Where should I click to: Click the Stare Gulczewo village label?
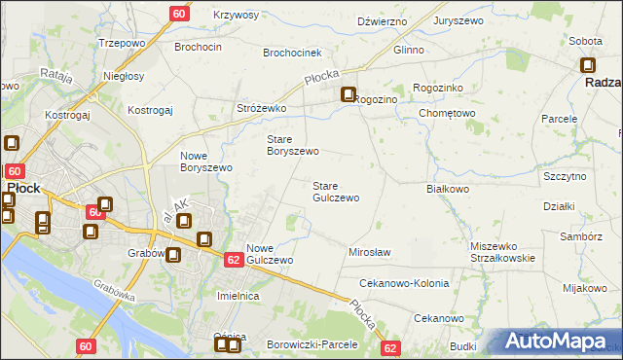coord(335,192)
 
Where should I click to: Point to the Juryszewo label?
coord(459,20)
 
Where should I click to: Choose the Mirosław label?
coord(370,252)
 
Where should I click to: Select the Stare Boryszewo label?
coord(293,145)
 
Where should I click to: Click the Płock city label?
coord(23,187)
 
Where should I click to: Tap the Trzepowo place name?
coord(122,44)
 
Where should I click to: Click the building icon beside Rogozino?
coord(348,95)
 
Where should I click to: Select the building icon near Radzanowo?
coord(588,66)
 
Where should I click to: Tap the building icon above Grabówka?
coord(172,256)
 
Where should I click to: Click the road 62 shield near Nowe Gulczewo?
coord(233,260)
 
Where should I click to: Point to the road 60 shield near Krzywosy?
coord(179,14)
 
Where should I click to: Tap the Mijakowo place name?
coord(584,288)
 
